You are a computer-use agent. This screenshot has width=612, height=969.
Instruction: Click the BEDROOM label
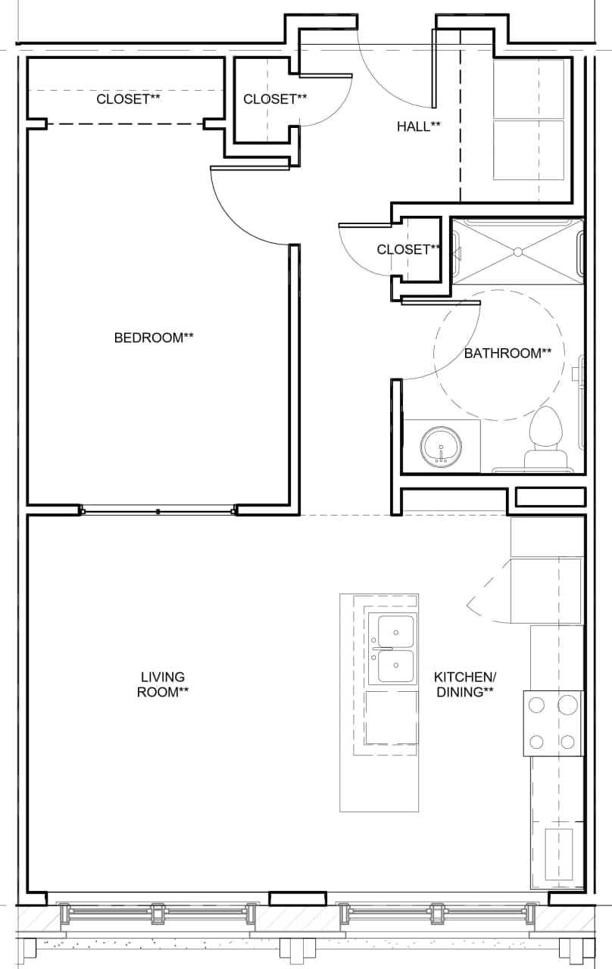(154, 338)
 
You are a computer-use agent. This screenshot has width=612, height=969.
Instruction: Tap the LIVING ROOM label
(163, 684)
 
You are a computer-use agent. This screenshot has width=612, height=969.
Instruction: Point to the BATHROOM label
(507, 353)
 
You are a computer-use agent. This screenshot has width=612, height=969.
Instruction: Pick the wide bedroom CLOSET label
(128, 99)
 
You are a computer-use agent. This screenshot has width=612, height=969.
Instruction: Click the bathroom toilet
(546, 435)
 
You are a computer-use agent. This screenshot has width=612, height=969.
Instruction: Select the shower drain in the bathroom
(517, 251)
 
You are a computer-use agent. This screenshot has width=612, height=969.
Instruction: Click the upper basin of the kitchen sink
(395, 630)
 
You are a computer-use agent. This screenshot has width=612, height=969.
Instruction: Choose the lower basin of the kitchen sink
(395, 667)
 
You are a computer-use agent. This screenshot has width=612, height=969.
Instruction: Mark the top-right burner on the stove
(567, 706)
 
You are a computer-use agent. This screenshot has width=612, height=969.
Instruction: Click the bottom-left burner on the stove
(536, 741)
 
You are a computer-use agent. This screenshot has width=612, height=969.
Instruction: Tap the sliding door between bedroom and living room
(158, 511)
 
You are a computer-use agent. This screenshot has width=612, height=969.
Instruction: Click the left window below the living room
(158, 912)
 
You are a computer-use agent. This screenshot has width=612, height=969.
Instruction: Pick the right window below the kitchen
(437, 912)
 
